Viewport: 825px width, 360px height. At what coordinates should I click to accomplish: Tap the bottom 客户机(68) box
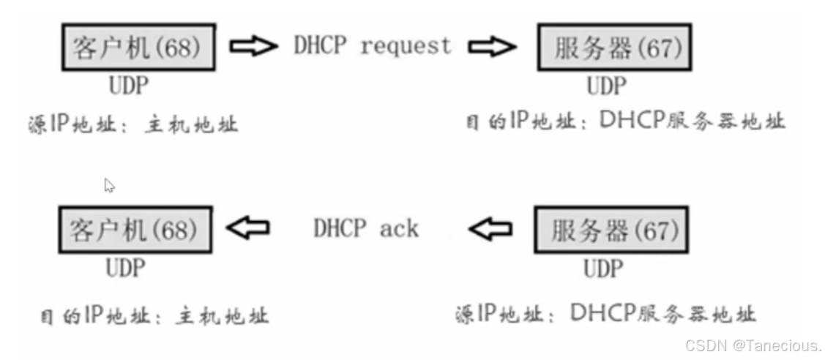pyautogui.click(x=135, y=229)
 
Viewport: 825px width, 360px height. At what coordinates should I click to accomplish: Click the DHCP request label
pyautogui.click(x=372, y=45)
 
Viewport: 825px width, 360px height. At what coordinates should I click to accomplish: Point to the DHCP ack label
pyautogui.click(x=365, y=228)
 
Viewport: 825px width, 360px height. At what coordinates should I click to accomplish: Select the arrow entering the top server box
pyautogui.click(x=493, y=47)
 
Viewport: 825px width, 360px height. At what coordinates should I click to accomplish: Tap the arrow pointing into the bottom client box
pyautogui.click(x=247, y=228)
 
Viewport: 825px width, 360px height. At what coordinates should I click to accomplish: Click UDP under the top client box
pyautogui.click(x=129, y=86)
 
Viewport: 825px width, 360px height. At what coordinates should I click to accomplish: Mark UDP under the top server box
pyautogui.click(x=606, y=86)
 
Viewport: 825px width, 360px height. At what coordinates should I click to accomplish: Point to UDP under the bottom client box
pyautogui.click(x=126, y=269)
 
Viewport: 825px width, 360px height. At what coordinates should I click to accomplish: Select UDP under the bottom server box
pyautogui.click(x=603, y=269)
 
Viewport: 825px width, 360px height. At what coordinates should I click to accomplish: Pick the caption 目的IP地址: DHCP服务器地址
pyautogui.click(x=625, y=121)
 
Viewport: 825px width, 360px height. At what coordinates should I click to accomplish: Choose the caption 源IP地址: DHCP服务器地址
pyautogui.click(x=605, y=315)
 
